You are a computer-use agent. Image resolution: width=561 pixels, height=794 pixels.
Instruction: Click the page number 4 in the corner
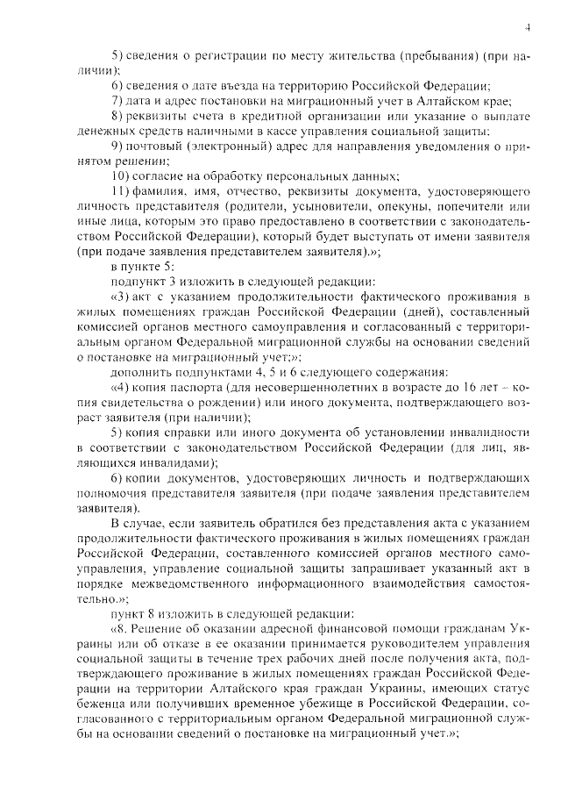(529, 28)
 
